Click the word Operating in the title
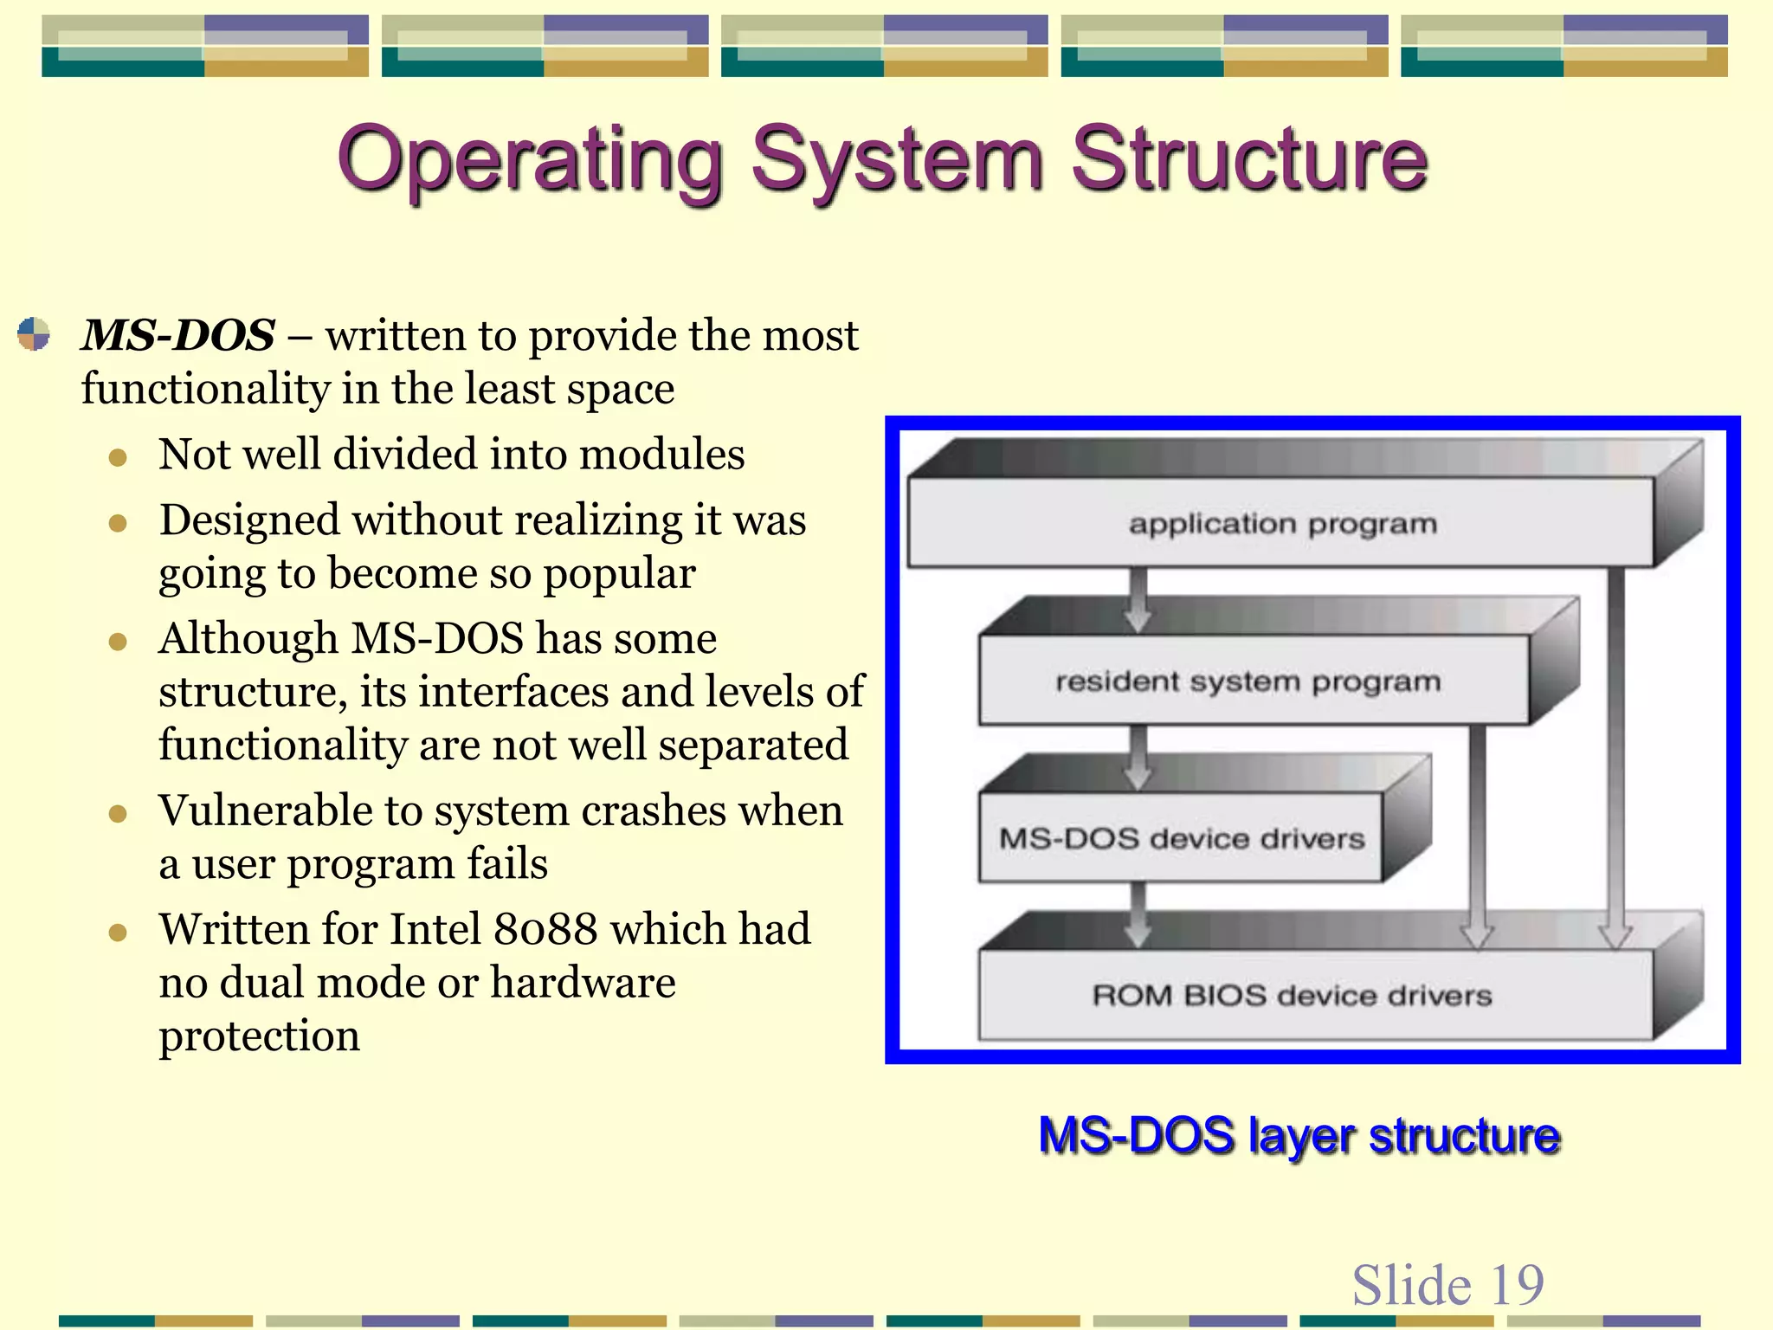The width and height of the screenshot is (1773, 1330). (530, 160)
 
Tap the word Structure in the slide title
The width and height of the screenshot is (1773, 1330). (1248, 160)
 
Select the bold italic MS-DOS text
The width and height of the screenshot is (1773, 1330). (177, 335)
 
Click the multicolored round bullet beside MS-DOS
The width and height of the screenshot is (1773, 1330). (34, 334)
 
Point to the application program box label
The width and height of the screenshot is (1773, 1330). (1282, 524)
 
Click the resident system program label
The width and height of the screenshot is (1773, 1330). (1248, 681)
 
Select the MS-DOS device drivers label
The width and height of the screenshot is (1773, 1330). (1181, 838)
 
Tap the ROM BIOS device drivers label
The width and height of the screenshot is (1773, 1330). (1292, 995)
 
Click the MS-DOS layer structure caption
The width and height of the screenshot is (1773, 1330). (1299, 1135)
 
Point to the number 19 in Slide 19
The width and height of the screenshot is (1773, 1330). (1516, 1284)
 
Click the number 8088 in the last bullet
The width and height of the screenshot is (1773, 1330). (545, 929)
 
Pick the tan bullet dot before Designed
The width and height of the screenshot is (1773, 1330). (119, 523)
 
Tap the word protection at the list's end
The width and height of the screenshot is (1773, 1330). (259, 1036)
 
